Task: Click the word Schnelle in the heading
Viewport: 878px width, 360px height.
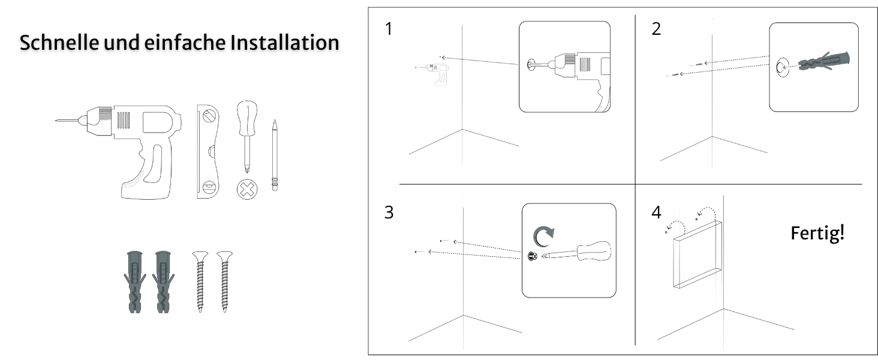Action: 59,43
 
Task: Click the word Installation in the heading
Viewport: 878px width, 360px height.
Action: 284,43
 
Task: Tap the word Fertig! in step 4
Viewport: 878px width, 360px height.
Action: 817,233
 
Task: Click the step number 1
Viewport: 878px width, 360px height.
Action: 389,29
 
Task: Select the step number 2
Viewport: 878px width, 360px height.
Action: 656,29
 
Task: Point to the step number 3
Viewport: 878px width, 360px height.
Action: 389,212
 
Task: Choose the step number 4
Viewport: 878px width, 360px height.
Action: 657,212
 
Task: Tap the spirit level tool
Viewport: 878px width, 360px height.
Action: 208,151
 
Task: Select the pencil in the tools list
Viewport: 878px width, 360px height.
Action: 275,155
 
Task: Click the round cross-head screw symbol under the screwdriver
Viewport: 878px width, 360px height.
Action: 247,190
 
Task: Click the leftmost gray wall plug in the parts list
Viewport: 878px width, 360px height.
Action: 135,281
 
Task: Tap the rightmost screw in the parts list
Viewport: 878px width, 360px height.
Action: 224,281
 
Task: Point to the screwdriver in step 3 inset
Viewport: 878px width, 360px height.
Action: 576,252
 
